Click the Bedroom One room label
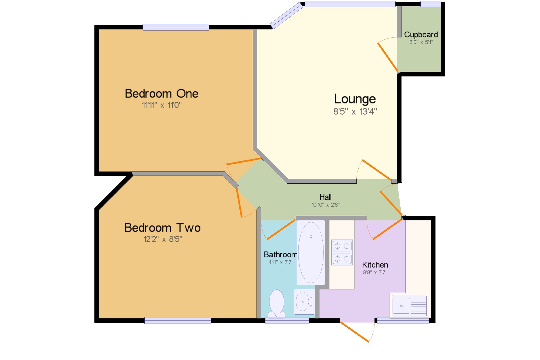[x=161, y=94]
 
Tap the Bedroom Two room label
[x=163, y=228]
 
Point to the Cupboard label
[x=421, y=35]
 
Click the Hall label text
[x=325, y=197]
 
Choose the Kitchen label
[x=375, y=265]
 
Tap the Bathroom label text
[x=280, y=255]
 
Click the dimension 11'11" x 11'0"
[x=162, y=105]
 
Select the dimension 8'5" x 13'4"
[x=355, y=112]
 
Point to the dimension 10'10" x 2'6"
[x=326, y=205]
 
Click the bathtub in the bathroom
[x=311, y=253]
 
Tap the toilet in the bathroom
[x=277, y=304]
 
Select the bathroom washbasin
[x=304, y=302]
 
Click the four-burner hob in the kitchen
[x=342, y=253]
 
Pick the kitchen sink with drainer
[x=409, y=306]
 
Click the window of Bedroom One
[x=176, y=27]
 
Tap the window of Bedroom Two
[x=178, y=320]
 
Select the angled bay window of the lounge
[x=286, y=15]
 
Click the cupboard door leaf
[x=388, y=57]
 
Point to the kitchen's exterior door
[x=354, y=332]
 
